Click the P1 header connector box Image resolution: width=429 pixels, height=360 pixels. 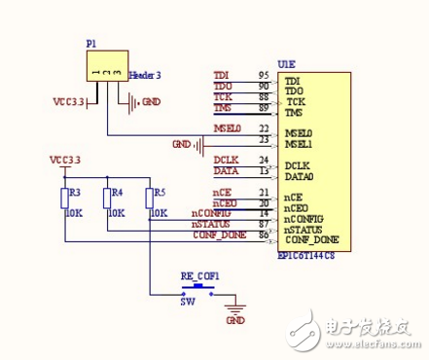click(104, 70)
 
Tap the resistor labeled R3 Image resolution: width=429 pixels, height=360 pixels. click(65, 198)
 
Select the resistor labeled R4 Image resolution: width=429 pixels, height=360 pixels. click(108, 198)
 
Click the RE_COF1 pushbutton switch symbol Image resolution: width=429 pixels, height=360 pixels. click(201, 288)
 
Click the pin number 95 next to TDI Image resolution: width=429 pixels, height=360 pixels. click(263, 75)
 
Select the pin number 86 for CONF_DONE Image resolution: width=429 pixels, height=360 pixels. click(263, 234)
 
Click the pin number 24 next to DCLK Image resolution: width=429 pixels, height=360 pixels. click(263, 160)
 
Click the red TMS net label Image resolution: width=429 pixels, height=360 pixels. click(223, 108)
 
